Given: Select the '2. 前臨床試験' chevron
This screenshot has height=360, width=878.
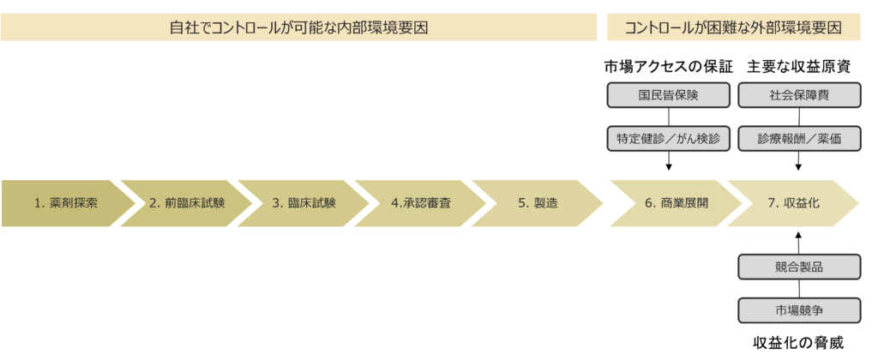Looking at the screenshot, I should coord(185,203).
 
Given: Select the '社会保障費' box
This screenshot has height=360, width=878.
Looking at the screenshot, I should coord(798,95).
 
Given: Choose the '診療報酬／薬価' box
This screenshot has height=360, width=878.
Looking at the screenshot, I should coord(798,138).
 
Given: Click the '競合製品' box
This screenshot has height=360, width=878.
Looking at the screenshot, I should coord(798,267).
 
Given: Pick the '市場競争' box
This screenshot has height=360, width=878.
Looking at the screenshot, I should coord(798,309).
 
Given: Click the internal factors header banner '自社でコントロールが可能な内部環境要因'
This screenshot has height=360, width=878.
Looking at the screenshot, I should coord(298,27).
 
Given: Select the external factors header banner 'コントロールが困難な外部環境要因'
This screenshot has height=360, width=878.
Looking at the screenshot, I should coord(733,27).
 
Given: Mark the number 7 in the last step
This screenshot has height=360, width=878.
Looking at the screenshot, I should coord(771,204).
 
